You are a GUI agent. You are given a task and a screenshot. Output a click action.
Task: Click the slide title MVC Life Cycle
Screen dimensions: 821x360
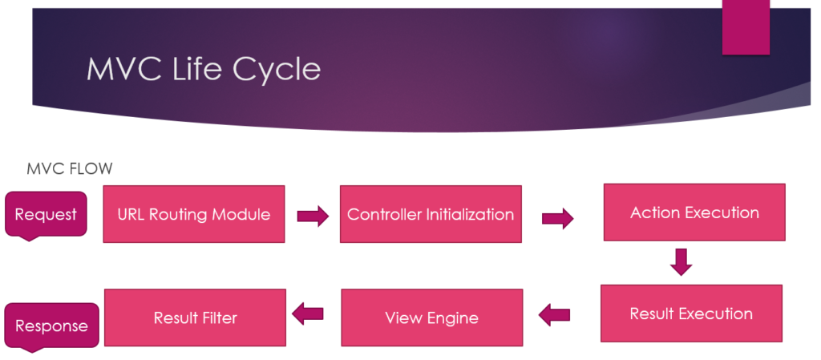[x=204, y=68]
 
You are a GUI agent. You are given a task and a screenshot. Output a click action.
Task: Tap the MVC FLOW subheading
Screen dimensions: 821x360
[x=70, y=168]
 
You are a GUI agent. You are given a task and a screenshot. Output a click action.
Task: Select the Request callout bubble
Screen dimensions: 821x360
[x=46, y=216]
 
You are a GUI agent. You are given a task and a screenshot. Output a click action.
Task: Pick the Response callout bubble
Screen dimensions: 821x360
[x=52, y=327]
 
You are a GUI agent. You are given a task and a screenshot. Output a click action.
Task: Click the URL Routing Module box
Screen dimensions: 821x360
[x=194, y=214]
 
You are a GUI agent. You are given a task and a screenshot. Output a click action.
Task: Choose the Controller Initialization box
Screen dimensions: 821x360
[x=431, y=214]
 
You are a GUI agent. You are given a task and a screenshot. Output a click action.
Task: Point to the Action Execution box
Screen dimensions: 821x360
[x=694, y=212]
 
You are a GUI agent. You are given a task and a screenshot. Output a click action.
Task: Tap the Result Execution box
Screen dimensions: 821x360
[x=691, y=313]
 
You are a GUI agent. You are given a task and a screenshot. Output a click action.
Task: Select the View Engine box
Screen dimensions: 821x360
[x=432, y=318]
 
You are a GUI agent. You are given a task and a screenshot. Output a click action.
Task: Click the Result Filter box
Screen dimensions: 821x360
[x=196, y=318]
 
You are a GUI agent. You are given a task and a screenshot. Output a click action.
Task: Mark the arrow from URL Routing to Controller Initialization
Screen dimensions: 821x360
[x=313, y=216]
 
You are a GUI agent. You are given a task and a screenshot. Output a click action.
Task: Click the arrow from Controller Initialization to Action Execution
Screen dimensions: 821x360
[x=558, y=218]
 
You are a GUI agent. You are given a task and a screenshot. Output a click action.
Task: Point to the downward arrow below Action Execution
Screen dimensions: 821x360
[x=681, y=262]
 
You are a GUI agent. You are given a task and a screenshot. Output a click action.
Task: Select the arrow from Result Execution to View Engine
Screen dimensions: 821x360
[x=554, y=315]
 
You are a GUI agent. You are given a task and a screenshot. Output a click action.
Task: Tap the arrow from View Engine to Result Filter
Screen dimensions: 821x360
[x=307, y=314]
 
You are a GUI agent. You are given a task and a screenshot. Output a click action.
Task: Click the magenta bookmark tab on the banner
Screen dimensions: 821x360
[x=746, y=27]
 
